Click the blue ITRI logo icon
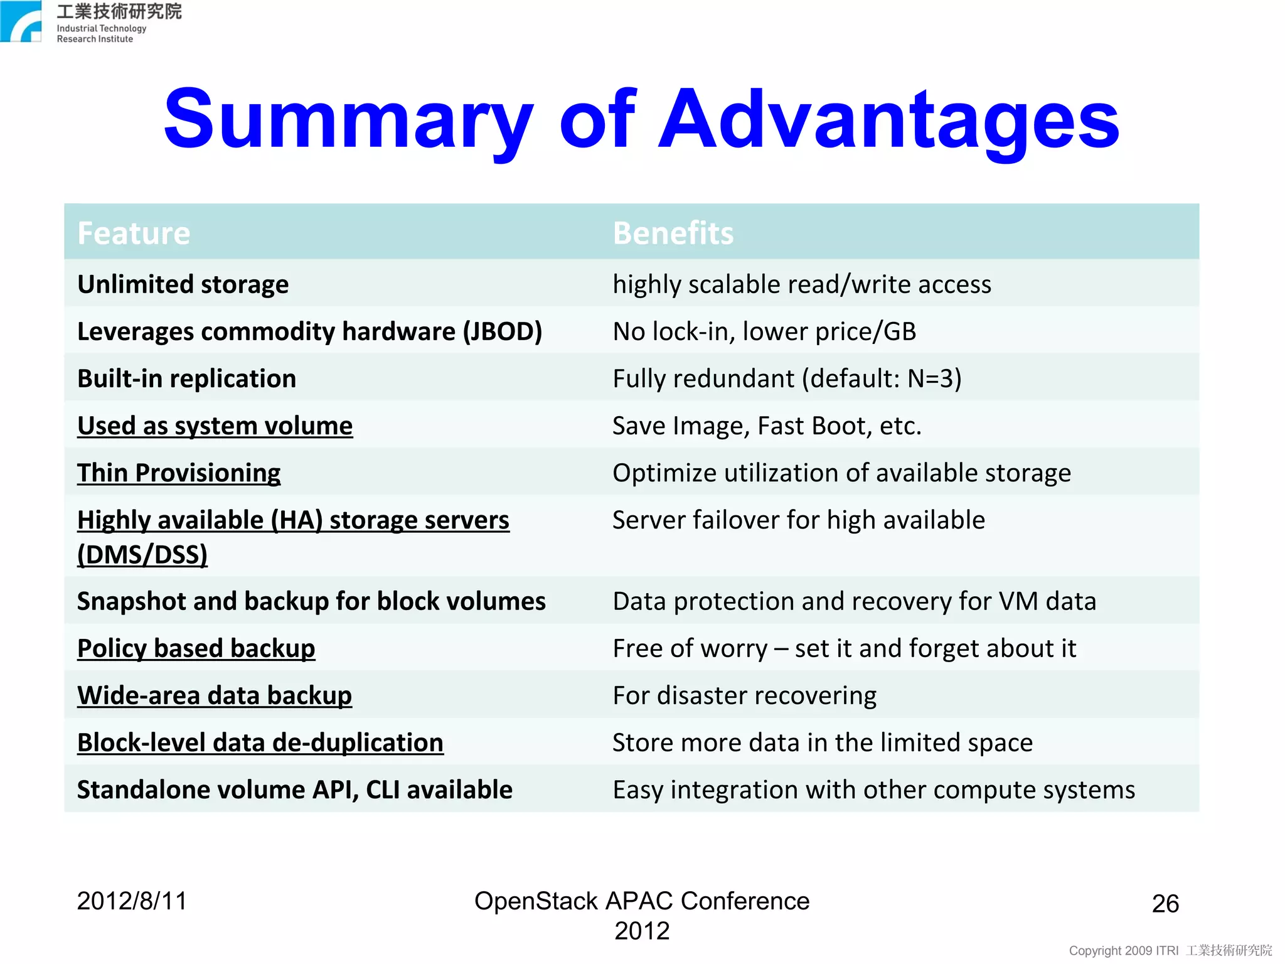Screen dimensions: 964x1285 [21, 21]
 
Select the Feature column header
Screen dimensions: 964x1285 [134, 233]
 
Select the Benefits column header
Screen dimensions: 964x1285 [673, 233]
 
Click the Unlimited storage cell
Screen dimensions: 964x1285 [183, 284]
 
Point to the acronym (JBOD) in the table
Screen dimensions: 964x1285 [502, 331]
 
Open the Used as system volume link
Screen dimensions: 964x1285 [215, 426]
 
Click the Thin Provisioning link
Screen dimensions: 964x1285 [179, 473]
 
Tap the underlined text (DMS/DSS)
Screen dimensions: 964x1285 [142, 555]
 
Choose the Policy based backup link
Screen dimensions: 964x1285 [196, 648]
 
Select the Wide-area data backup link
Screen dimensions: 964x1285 [215, 695]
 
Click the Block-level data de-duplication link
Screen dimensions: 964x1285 [260, 742]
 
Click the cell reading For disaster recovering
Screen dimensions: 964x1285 [744, 695]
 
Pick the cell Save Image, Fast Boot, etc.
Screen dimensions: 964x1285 [767, 426]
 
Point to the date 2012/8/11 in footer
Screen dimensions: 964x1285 [132, 901]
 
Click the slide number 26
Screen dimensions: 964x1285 [1165, 904]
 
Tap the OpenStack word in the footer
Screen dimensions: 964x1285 [535, 901]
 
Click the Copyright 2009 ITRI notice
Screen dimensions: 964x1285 [1123, 950]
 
